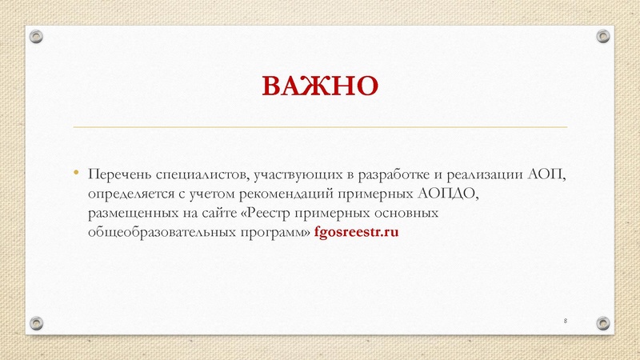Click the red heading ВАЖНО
click(x=320, y=85)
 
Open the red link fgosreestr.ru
click(x=356, y=233)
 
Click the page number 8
click(x=566, y=320)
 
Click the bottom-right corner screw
click(x=602, y=322)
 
